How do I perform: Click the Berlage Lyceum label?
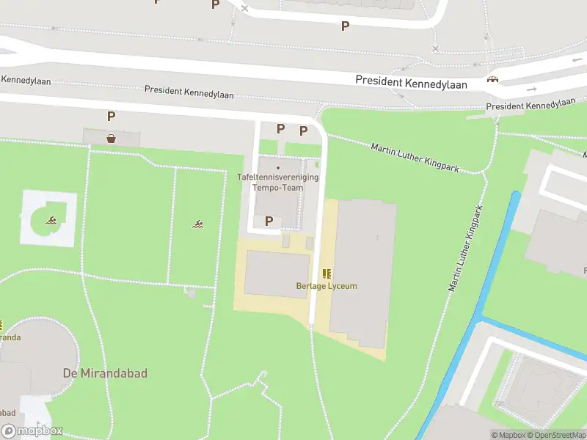(327, 286)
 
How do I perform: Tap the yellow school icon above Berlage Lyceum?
(327, 274)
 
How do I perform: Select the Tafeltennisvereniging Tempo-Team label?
(278, 182)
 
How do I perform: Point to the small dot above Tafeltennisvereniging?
(278, 168)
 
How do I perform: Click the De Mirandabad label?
(114, 373)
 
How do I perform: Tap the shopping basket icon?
(111, 138)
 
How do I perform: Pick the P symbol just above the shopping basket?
(111, 116)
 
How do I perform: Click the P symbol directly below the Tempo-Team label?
(269, 221)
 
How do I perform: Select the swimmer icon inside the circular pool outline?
(51, 220)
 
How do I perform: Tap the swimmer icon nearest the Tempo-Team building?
(198, 224)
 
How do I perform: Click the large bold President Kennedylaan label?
(411, 83)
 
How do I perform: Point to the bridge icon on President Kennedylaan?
(492, 79)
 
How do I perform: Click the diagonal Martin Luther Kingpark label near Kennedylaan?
(415, 158)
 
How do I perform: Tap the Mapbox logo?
(32, 431)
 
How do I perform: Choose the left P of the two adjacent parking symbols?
(280, 128)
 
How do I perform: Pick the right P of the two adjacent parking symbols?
(303, 131)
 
